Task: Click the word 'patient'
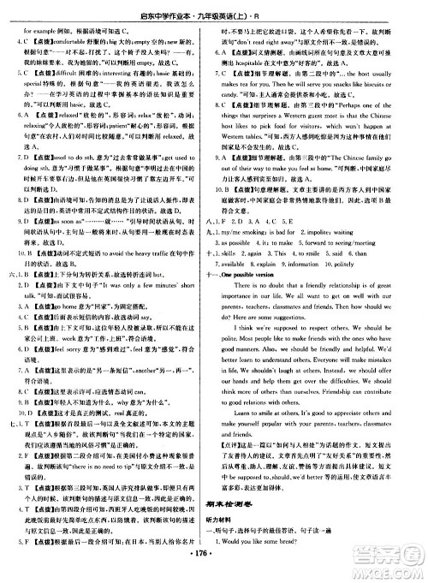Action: point(129,122)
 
